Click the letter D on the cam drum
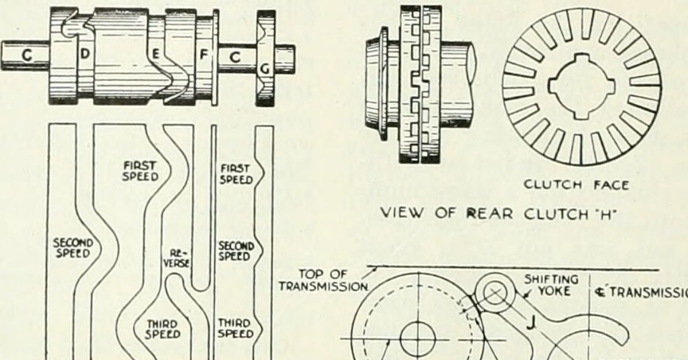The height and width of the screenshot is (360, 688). tap(84, 55)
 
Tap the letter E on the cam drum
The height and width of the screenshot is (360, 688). tap(155, 56)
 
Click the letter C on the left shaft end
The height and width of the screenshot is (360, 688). tap(27, 56)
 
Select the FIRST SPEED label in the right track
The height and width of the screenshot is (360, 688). tap(236, 174)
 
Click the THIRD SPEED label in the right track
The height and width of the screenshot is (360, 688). tap(234, 328)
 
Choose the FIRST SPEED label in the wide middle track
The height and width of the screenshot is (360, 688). tap(139, 171)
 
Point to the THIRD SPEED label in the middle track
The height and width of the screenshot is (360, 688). tap(162, 330)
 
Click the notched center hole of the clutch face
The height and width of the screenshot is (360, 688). tap(581, 86)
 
